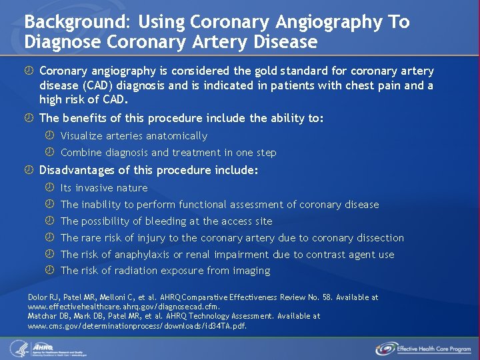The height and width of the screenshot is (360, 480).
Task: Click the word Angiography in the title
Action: click(x=333, y=22)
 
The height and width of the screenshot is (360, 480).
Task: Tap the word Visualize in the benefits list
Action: click(x=85, y=136)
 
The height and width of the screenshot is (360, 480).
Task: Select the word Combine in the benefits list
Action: click(x=81, y=153)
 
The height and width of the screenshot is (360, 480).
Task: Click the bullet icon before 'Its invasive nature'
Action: click(x=49, y=188)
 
